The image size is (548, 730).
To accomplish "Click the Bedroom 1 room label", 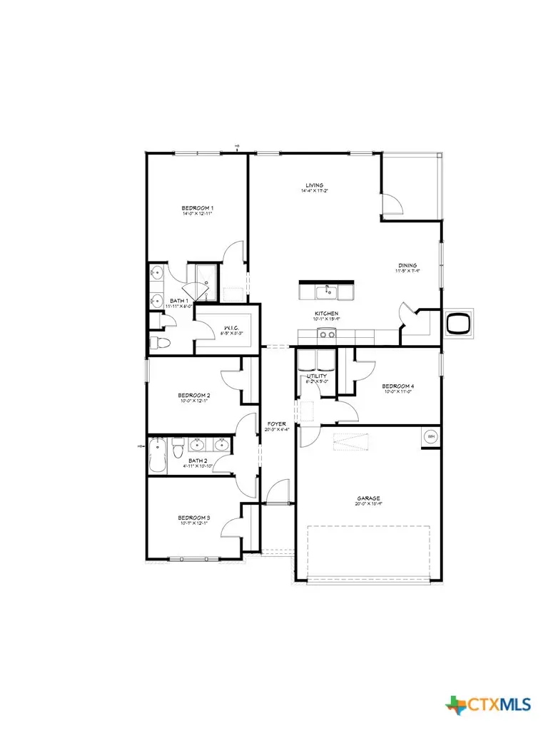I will click(x=198, y=208).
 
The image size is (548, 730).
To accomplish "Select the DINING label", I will click(x=407, y=265).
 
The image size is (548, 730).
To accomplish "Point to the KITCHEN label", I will click(x=325, y=314).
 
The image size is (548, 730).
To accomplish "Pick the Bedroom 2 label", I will click(x=194, y=394).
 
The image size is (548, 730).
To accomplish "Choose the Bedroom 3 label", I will click(x=194, y=518).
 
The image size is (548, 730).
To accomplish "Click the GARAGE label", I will click(x=369, y=498).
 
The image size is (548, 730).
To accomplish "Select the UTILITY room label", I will click(x=317, y=376).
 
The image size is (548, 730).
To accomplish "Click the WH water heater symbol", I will click(x=431, y=436).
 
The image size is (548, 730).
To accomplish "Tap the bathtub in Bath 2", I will click(x=158, y=456).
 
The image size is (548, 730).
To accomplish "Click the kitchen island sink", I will click(x=328, y=291).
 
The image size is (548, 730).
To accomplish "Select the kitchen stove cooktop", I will click(x=328, y=334).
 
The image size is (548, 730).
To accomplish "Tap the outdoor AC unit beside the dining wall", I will click(x=457, y=324).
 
